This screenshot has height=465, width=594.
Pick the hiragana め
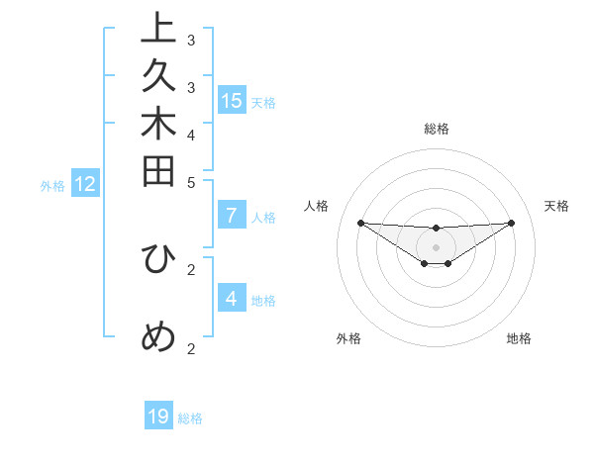tap(158, 337)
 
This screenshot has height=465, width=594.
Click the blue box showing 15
tap(232, 100)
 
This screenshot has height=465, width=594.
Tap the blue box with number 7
tap(232, 216)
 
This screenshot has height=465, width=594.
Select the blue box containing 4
tap(232, 298)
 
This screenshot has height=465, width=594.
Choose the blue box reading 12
tap(84, 184)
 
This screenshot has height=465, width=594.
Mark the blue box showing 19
tap(158, 417)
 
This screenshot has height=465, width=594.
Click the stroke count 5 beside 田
tap(191, 182)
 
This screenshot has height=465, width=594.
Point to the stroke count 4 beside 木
tap(191, 134)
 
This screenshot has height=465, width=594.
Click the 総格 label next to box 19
tap(191, 418)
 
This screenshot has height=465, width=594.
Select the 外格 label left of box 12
tap(52, 185)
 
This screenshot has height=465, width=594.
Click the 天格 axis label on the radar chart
tap(556, 206)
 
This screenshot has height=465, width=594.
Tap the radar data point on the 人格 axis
tap(360, 223)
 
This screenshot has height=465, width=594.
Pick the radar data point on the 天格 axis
tap(512, 223)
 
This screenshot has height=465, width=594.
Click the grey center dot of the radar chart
tap(436, 246)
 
